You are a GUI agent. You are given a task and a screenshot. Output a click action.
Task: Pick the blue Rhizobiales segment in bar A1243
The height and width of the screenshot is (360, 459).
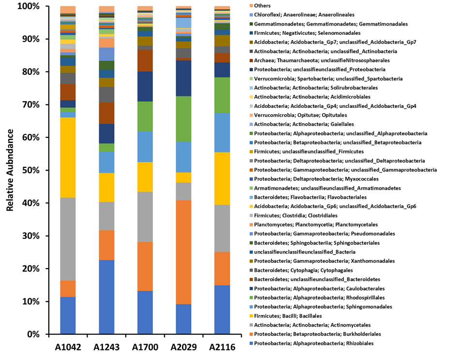coord(106,297)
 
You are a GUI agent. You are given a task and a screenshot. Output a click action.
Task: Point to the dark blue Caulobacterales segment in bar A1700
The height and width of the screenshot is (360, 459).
coord(145,86)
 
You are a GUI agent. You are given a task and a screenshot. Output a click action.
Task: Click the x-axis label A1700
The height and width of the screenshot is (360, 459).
coord(145,347)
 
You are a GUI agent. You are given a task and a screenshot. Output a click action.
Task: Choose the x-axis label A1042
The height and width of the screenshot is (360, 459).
coord(68,347)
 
